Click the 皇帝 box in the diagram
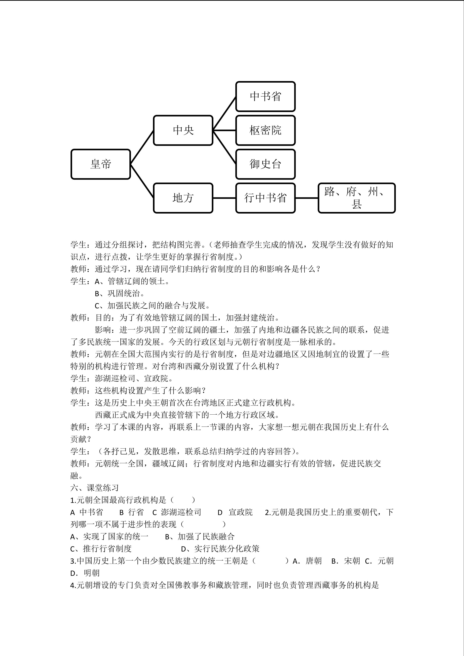[101, 164]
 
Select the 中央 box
[183, 131]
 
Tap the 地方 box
[183, 198]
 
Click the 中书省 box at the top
[265, 97]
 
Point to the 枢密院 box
[265, 131]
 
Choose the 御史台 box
[265, 164]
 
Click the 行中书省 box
[265, 198]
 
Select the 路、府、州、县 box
[357, 198]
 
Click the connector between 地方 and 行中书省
[224, 198]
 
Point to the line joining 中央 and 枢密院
[224, 131]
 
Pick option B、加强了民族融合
[200, 536]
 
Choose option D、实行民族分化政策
[220, 549]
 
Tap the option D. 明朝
[85, 573]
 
